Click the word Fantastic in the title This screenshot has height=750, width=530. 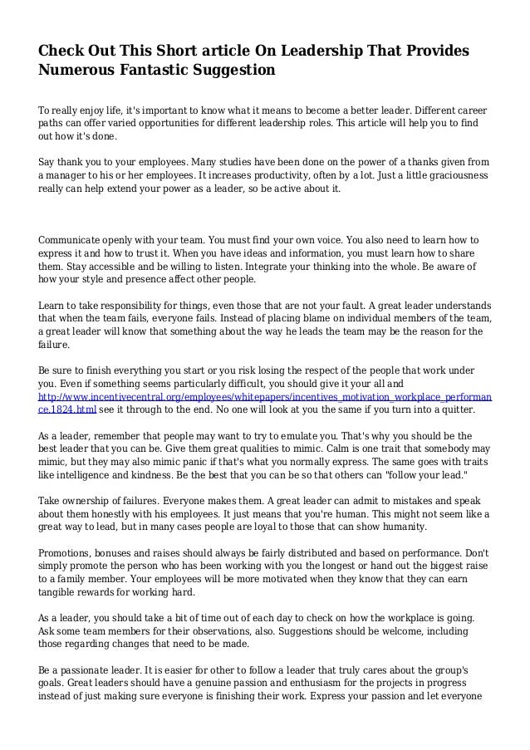coord(153,71)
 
